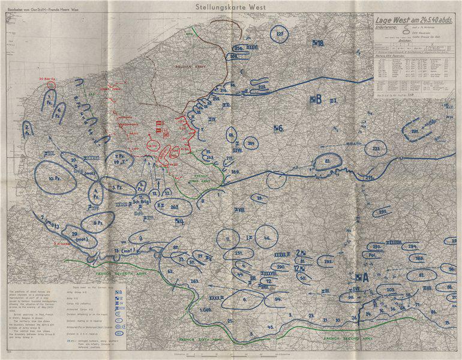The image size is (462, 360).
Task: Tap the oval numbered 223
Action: point(376,148)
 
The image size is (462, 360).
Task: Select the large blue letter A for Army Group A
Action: point(362,277)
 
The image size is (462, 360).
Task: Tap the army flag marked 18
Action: point(317,43)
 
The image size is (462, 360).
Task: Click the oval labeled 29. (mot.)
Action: point(75,236)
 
